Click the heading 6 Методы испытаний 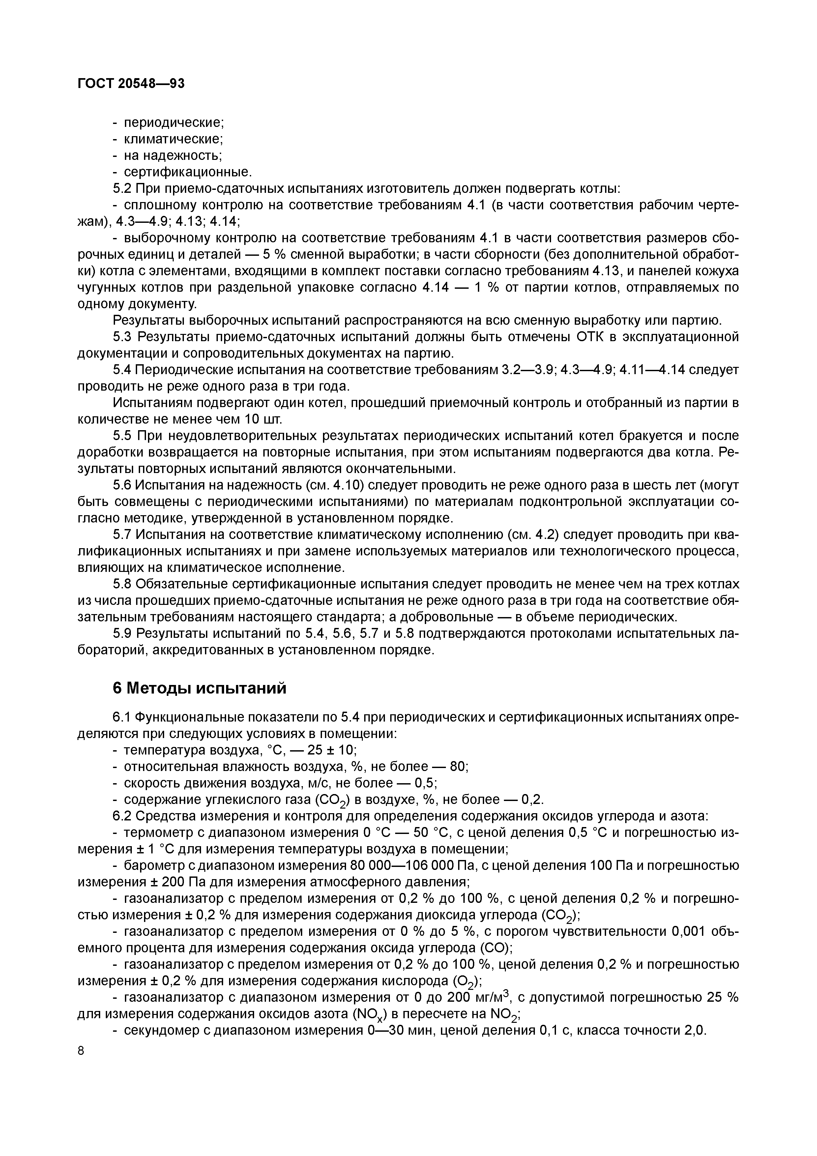[x=199, y=688]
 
